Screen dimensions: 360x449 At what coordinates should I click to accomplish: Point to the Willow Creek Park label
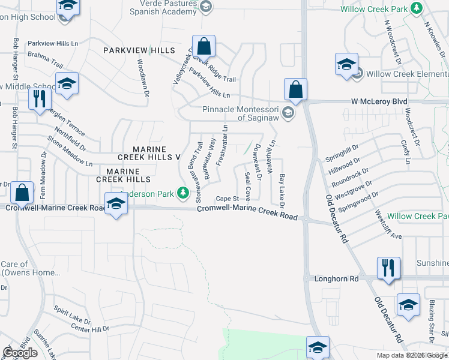(x=374, y=9)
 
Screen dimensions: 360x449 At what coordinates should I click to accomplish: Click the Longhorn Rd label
(x=336, y=279)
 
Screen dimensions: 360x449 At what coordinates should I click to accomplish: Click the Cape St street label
(x=228, y=199)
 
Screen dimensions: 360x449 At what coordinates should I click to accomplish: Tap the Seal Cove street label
(x=247, y=188)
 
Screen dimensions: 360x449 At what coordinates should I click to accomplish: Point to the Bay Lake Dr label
(x=281, y=188)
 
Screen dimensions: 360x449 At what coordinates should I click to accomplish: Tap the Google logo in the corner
(x=19, y=353)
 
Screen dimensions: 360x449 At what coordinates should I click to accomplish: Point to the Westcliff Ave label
(x=387, y=224)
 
